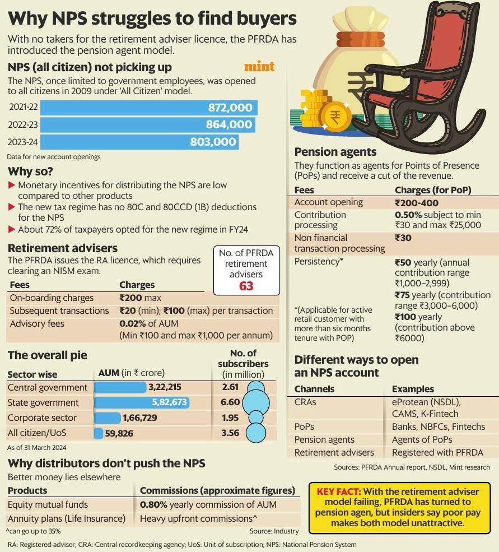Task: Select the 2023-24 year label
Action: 23,142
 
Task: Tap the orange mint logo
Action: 259,67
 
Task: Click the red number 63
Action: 246,286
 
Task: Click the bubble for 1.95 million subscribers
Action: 255,418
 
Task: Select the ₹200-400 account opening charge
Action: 417,203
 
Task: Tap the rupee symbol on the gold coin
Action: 335,118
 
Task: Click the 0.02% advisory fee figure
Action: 132,323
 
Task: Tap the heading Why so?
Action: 30,171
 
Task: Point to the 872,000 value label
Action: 230,108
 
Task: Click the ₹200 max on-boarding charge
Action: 140,298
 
